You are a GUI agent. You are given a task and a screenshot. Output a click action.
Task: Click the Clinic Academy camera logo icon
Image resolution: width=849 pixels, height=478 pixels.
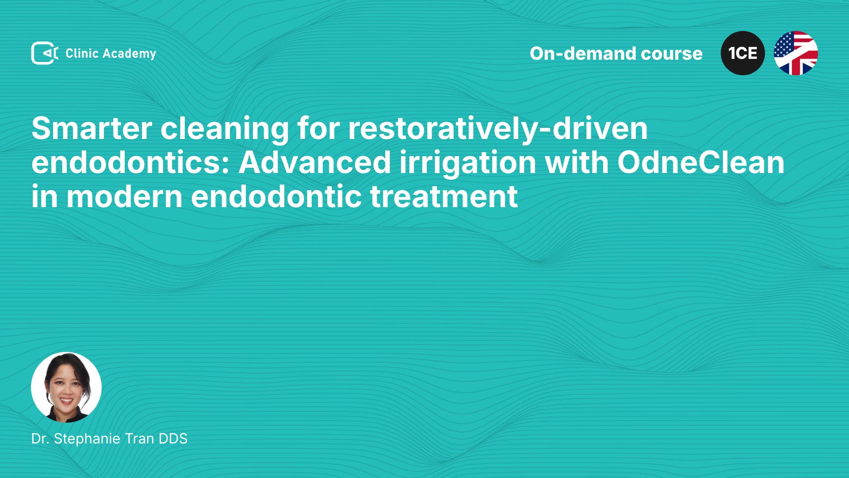[44, 53]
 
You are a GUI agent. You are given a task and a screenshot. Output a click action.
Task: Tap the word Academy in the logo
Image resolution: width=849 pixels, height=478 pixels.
[130, 54]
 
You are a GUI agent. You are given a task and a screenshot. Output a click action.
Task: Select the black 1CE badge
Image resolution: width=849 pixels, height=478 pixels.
[743, 53]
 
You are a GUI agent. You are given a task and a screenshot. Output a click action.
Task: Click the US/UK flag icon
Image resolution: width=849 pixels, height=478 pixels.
[796, 53]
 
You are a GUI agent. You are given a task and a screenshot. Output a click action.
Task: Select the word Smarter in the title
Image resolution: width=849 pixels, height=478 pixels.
[92, 129]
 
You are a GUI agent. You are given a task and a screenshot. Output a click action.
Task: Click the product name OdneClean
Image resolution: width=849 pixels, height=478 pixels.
[701, 163]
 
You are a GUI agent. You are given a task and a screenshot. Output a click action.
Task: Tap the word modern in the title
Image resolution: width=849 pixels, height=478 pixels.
[124, 197]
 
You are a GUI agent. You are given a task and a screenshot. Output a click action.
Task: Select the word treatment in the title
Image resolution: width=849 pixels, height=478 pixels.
[444, 197]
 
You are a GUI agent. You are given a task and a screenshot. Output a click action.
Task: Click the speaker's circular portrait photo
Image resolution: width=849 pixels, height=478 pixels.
[66, 387]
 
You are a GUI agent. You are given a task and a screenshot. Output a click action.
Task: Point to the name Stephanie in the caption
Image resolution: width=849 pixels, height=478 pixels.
[88, 439]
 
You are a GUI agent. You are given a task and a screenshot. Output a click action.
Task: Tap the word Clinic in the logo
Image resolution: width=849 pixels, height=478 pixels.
[82, 53]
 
